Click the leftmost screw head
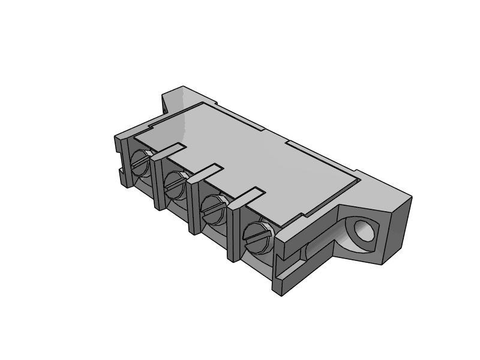[x=139, y=163]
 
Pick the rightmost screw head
[x=257, y=236]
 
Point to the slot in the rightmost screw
[x=256, y=236]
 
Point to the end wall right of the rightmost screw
[x=282, y=264]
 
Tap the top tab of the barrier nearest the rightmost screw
[x=245, y=197]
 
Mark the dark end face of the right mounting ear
[x=396, y=228]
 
